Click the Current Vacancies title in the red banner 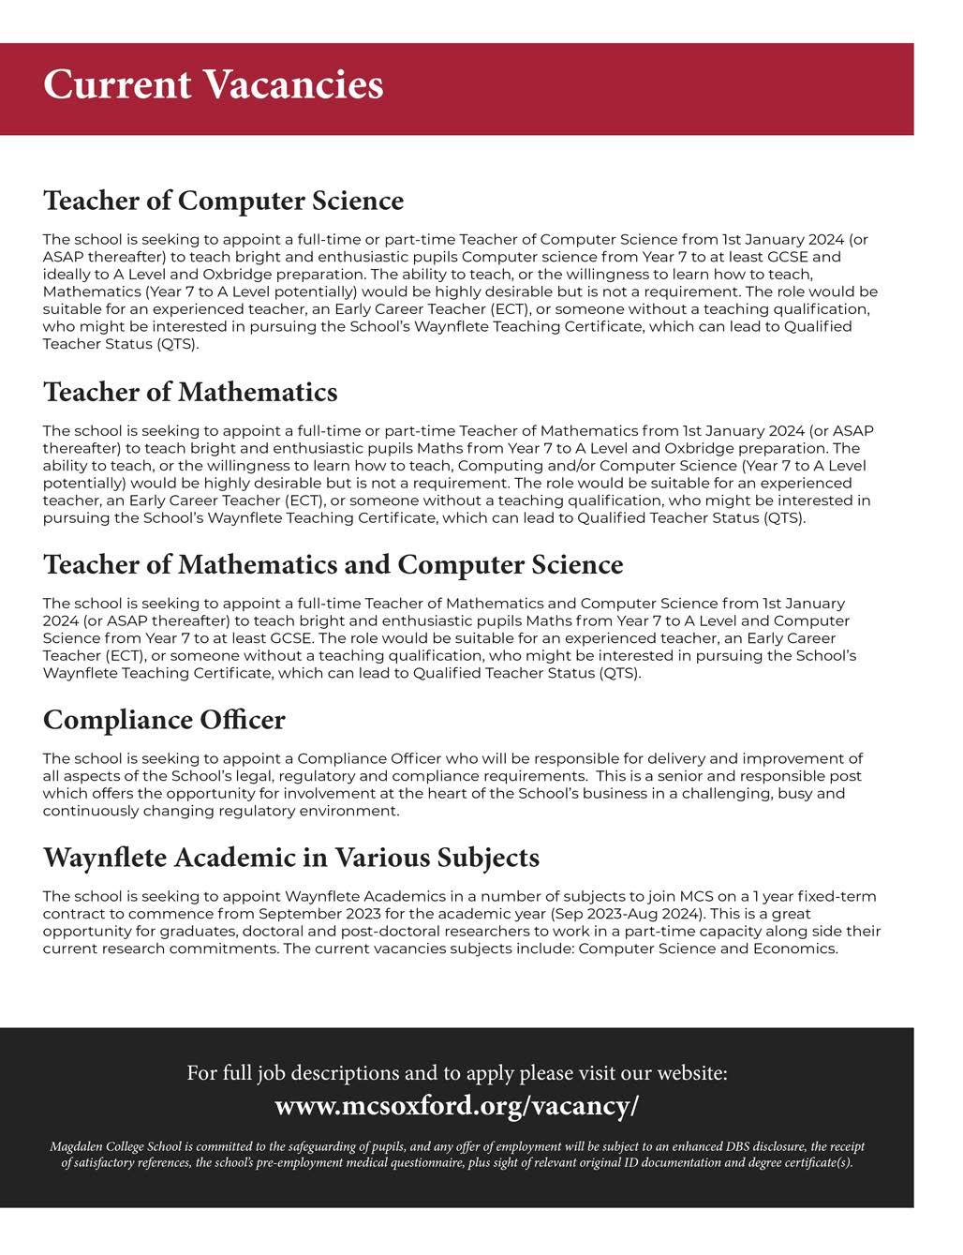pos(213,84)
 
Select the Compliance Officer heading pos(164,720)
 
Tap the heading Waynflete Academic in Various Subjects pos(290,858)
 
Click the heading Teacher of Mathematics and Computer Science pos(333,564)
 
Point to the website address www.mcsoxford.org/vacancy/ pos(456,1106)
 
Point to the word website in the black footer pos(692,1072)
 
